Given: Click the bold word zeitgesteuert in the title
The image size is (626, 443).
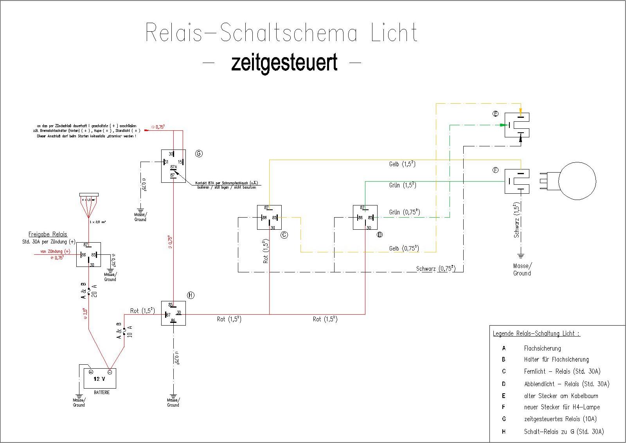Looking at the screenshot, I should [x=284, y=63].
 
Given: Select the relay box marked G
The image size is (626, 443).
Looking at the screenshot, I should [x=173, y=166].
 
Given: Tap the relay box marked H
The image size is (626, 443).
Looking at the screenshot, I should [x=173, y=313].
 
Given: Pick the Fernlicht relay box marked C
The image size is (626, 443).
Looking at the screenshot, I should [x=269, y=218].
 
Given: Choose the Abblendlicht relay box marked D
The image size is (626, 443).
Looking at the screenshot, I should [x=365, y=218].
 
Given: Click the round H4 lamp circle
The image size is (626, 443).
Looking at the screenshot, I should [x=577, y=181].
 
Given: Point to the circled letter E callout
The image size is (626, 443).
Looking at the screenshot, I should [x=496, y=114].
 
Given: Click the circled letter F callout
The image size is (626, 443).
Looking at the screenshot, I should [x=496, y=170].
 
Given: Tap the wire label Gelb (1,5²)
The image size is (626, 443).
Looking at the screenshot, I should [x=402, y=164].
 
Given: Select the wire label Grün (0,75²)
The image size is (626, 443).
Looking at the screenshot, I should [x=405, y=212].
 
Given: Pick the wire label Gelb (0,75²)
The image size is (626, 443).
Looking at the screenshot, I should [x=404, y=248].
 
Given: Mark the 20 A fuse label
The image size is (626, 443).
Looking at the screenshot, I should [x=94, y=291].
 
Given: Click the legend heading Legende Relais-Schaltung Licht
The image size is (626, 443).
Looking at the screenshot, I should [x=536, y=334].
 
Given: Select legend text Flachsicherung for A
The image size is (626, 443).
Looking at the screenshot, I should [x=542, y=348].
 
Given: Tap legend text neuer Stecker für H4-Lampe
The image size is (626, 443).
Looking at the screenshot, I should [x=562, y=407].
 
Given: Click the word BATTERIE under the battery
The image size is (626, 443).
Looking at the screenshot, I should [x=101, y=392].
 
